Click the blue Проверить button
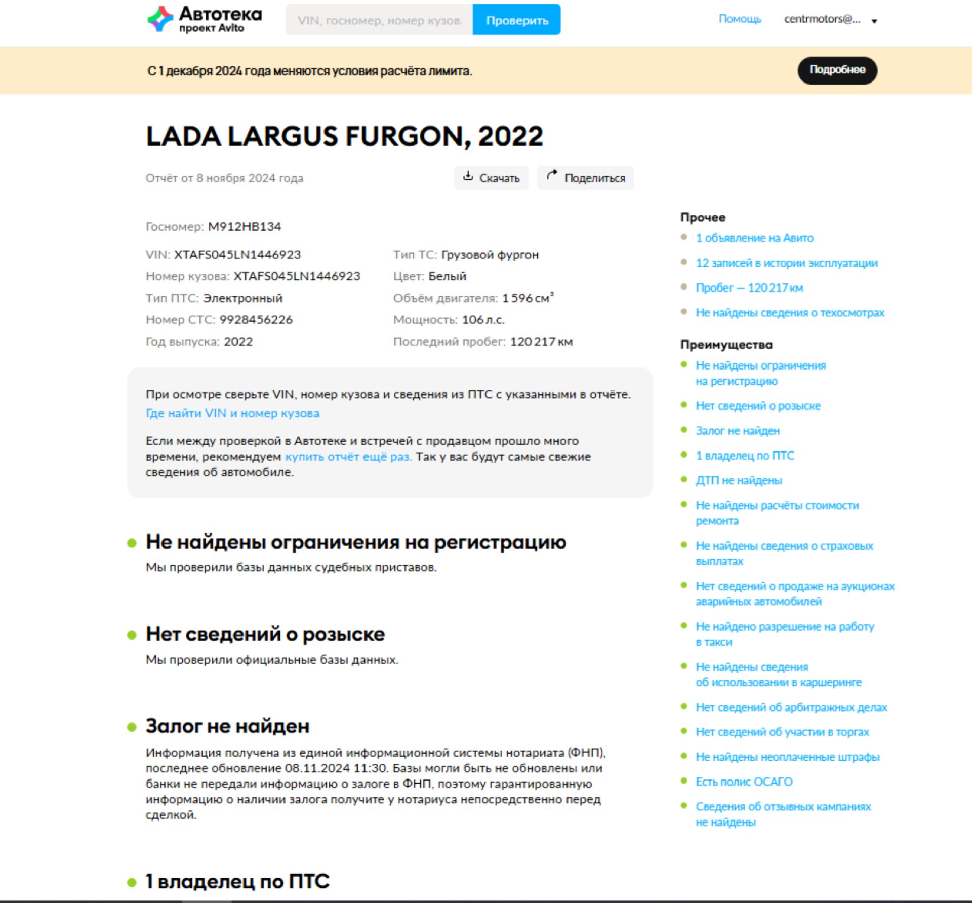tap(516, 20)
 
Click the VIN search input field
tap(379, 20)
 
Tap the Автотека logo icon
tap(160, 19)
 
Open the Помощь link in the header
tap(740, 19)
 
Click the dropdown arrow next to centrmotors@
tap(874, 21)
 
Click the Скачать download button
tap(491, 178)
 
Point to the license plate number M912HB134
tap(245, 227)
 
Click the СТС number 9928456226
tap(256, 320)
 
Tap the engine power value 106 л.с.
tap(483, 320)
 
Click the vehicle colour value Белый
tap(447, 276)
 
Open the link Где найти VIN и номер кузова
tap(232, 413)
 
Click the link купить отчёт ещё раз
tap(348, 457)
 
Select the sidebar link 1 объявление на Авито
tap(754, 238)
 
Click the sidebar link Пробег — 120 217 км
tap(749, 288)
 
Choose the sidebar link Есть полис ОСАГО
tap(744, 782)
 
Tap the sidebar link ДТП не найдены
tap(739, 480)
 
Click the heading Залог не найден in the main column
tap(227, 726)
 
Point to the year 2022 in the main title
tap(510, 136)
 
